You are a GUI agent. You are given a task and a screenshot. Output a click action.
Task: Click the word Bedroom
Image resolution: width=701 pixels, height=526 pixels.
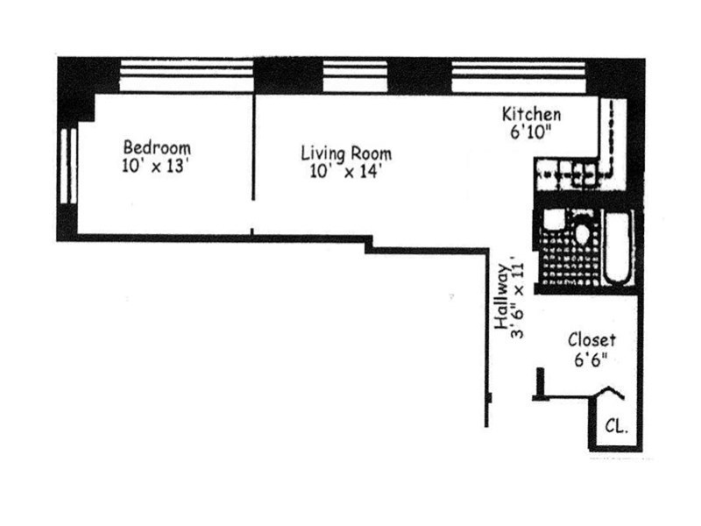(x=157, y=147)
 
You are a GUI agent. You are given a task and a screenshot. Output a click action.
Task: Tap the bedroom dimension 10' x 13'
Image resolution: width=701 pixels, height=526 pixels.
(x=157, y=167)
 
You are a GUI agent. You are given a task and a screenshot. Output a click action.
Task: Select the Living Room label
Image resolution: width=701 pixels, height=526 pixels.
(x=346, y=153)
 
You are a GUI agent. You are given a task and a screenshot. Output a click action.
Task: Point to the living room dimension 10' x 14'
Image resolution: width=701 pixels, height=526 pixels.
(x=346, y=172)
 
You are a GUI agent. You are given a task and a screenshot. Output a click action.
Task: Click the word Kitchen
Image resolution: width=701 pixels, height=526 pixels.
(x=531, y=114)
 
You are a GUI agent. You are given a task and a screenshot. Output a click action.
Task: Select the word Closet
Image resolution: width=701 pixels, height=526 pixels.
(x=591, y=340)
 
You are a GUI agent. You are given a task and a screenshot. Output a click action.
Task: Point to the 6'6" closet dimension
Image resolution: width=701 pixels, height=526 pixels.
(x=591, y=359)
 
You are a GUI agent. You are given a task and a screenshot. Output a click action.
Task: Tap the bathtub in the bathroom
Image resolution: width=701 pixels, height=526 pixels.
(x=619, y=249)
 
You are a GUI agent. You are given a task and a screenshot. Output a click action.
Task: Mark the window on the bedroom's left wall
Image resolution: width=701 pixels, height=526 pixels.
(x=67, y=167)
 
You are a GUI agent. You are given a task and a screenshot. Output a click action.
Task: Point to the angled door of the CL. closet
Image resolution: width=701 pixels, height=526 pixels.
(x=610, y=394)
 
